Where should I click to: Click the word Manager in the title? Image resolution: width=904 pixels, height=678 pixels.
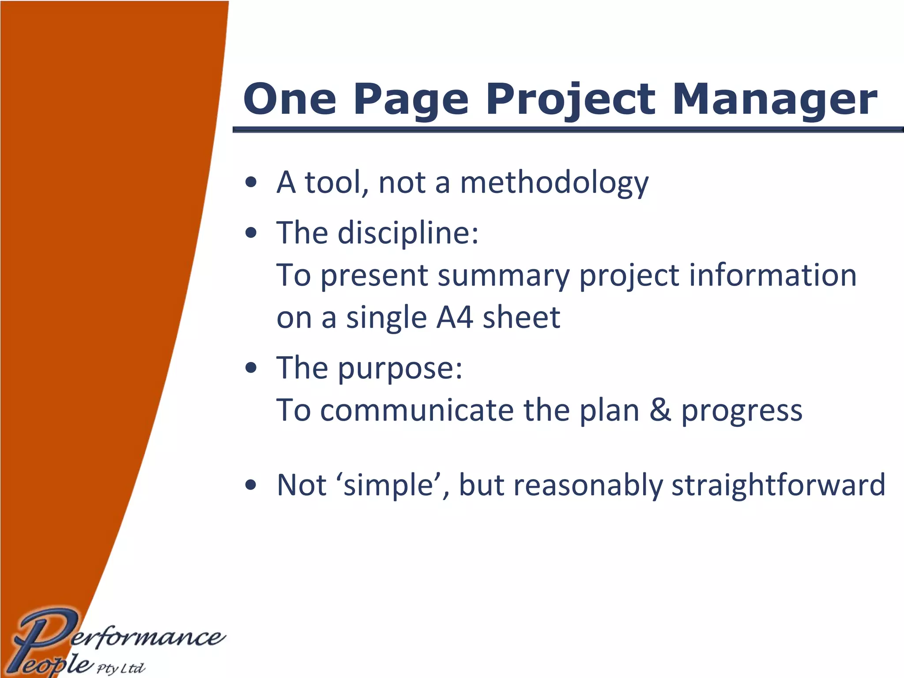pos(775,99)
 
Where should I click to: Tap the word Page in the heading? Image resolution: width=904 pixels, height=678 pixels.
pos(411,99)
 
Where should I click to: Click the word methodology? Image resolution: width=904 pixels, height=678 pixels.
pos(554,183)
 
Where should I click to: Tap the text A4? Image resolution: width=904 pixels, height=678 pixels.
pos(455,317)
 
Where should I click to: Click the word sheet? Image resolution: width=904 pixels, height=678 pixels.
pos(521,317)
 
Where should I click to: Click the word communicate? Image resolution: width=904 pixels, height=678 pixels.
pos(417,410)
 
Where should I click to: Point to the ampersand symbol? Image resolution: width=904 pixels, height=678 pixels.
pos(660,410)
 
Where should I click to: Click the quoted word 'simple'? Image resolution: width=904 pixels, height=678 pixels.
pos(389,485)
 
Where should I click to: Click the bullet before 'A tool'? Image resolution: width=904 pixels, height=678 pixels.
pos(251,183)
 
